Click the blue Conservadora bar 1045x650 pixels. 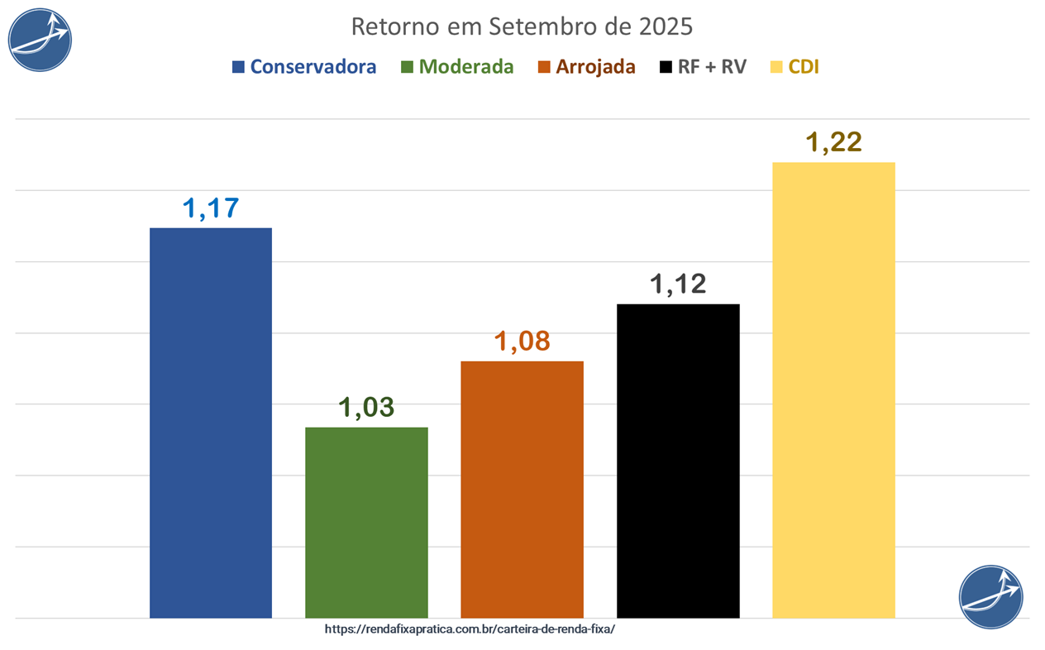[x=211, y=422]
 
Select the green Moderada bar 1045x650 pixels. [x=366, y=522]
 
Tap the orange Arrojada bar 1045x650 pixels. [x=522, y=489]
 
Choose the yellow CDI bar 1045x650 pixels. [x=833, y=390]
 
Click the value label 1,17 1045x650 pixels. [x=211, y=208]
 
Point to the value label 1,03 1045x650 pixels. [x=366, y=408]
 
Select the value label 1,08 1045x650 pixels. [x=522, y=342]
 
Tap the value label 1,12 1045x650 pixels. [x=678, y=284]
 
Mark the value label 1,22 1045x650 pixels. [x=833, y=142]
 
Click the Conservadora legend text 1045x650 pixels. [x=313, y=67]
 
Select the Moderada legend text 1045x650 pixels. [x=466, y=67]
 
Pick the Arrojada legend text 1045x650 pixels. [x=595, y=67]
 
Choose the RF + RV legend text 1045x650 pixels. [x=712, y=67]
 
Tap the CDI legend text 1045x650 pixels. [x=804, y=67]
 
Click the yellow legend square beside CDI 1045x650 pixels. [x=776, y=67]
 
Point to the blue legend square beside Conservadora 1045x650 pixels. [x=238, y=67]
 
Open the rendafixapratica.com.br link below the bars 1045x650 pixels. [x=470, y=628]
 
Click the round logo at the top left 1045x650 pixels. [x=40, y=40]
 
